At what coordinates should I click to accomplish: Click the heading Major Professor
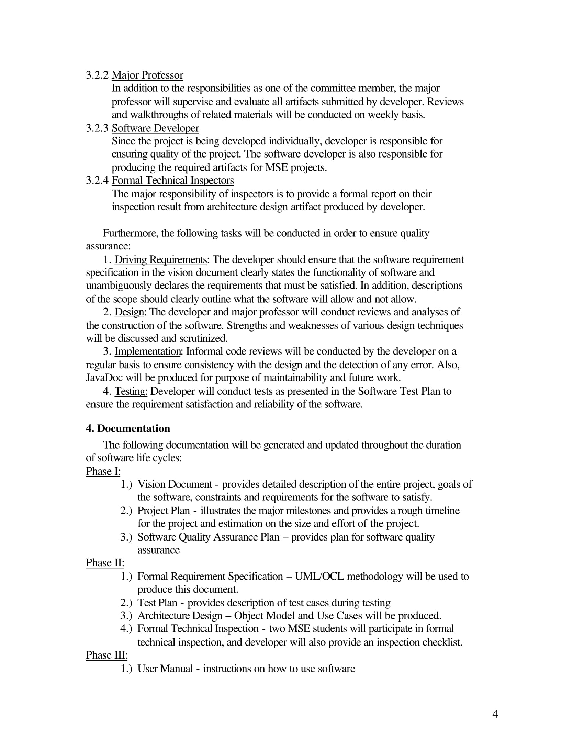click(x=147, y=75)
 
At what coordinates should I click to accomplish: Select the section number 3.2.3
click(x=97, y=128)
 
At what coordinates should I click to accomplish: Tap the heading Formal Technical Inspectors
click(x=173, y=181)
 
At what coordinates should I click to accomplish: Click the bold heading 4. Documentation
click(x=128, y=428)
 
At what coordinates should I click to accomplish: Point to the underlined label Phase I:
click(x=103, y=471)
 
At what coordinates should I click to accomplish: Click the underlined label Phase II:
click(x=105, y=563)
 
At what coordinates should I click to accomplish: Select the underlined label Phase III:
click(x=106, y=655)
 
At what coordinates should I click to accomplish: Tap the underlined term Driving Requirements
click(x=160, y=260)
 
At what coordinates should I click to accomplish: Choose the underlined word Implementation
click(x=147, y=351)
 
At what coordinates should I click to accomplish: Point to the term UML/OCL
click(x=319, y=576)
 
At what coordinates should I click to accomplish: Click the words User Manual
click(x=165, y=669)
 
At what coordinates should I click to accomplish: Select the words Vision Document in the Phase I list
click(x=175, y=484)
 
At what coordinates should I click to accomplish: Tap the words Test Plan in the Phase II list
click(x=157, y=603)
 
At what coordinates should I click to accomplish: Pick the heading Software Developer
click(x=155, y=128)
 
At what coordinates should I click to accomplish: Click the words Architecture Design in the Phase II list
click(x=180, y=616)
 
